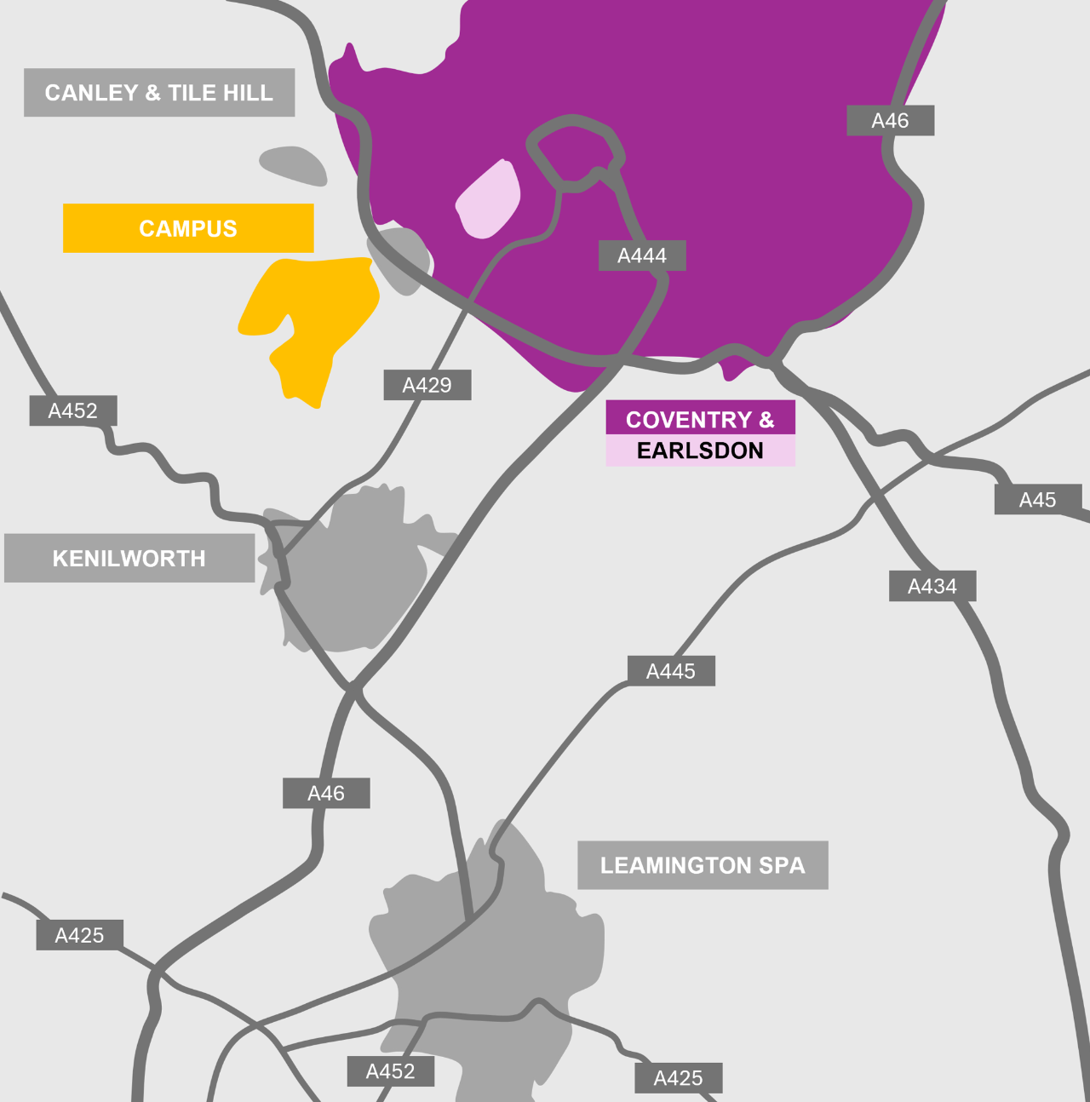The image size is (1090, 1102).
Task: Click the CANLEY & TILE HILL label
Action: (159, 93)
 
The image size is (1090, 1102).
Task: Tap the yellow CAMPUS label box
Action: (188, 228)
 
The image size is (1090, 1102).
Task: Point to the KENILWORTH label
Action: (129, 559)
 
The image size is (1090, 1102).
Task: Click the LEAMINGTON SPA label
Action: (703, 865)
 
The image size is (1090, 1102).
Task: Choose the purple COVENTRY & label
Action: (700, 419)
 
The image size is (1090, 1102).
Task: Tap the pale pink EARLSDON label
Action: (700, 451)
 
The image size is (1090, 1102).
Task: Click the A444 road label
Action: (642, 255)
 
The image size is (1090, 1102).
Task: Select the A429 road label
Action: (427, 385)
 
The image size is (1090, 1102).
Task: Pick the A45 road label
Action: (1037, 500)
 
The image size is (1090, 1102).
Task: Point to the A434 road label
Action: (932, 586)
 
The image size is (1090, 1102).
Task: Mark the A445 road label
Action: (671, 671)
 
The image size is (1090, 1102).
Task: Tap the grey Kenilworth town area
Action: (358, 579)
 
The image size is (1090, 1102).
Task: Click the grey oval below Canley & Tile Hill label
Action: (294, 165)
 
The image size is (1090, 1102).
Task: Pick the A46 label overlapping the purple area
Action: (890, 121)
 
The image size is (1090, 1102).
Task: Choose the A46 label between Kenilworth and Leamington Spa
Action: (326, 794)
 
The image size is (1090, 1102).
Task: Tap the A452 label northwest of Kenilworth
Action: (73, 410)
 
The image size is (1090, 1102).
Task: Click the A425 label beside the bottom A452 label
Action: (678, 1078)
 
